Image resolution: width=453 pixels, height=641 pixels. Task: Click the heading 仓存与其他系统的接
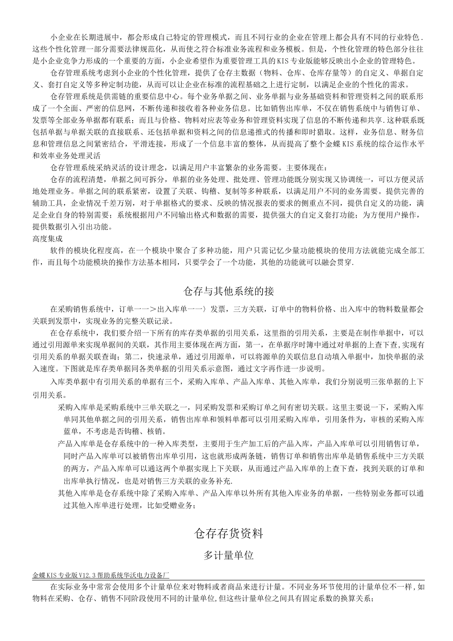click(228, 291)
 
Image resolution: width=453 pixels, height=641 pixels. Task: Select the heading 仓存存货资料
click(228, 534)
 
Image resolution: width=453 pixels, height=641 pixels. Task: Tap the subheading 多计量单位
click(228, 555)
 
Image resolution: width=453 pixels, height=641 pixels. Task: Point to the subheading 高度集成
click(47, 238)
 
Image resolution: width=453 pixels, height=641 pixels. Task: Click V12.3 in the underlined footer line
click(85, 576)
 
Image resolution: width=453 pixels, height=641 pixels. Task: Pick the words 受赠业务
click(178, 506)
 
